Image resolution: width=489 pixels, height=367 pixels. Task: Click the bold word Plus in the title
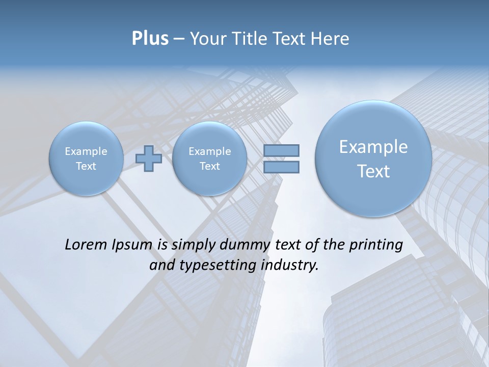click(x=150, y=39)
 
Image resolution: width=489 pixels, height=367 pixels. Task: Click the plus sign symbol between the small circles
click(x=148, y=159)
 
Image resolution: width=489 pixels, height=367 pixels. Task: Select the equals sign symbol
click(x=281, y=159)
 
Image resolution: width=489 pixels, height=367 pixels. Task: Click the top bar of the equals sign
click(x=281, y=150)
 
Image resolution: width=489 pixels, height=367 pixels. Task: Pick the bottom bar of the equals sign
click(x=281, y=167)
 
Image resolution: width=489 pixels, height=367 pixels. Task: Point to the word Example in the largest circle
click(x=373, y=147)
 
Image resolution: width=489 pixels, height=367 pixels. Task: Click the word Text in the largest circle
click(x=373, y=171)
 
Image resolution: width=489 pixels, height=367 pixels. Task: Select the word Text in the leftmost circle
click(x=86, y=166)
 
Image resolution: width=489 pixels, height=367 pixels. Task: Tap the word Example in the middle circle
click(x=209, y=151)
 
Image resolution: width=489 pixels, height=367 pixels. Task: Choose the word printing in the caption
click(x=376, y=245)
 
